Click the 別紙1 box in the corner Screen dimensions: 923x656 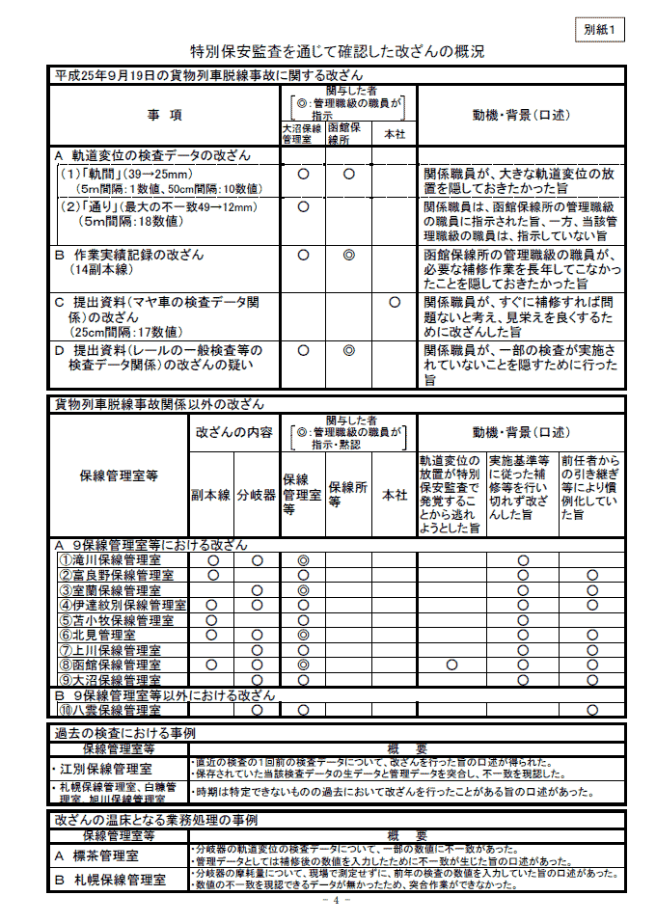tap(599, 29)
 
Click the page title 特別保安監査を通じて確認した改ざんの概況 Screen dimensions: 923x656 tap(337, 51)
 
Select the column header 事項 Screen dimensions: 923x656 tap(164, 115)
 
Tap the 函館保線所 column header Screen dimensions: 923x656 tap(348, 132)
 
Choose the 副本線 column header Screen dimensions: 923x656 tap(210, 495)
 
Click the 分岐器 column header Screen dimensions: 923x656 tap(257, 495)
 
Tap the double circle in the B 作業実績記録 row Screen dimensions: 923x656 tap(349, 255)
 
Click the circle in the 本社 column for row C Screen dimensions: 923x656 tap(395, 302)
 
